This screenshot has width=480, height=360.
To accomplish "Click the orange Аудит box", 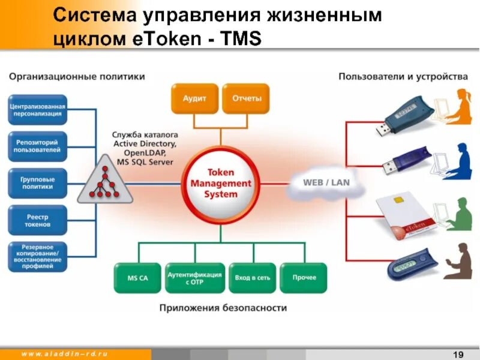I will [x=194, y=98].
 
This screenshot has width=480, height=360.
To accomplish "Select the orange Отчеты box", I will [x=246, y=98].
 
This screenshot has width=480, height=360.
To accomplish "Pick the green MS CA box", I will [x=137, y=278].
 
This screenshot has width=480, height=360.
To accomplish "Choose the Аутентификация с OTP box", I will [x=194, y=278].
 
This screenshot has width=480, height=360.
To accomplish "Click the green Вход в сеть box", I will [x=252, y=278].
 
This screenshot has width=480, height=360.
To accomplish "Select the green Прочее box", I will [x=304, y=278].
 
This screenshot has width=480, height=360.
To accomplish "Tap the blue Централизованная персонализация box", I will [x=37, y=110].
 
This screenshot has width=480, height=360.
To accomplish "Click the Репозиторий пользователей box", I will [x=37, y=146].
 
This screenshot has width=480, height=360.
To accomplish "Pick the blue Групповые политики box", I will [x=37, y=183].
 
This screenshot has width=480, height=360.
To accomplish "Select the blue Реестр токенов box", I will [x=37, y=220].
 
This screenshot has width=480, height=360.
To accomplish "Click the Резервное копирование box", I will [x=37, y=257].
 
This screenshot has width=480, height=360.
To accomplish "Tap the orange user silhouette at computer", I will [x=459, y=108].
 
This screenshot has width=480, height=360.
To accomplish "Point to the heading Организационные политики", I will [x=76, y=77].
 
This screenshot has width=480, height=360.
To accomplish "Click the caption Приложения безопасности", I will [x=223, y=308].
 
